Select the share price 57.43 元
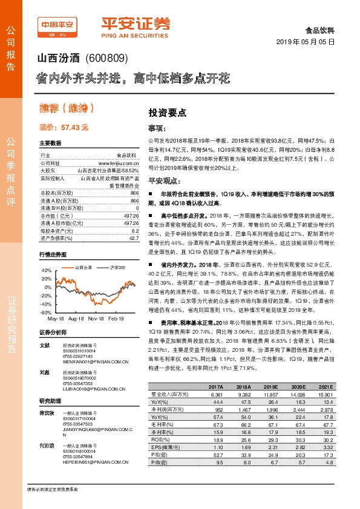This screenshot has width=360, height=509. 76,128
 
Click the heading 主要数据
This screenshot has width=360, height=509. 50,143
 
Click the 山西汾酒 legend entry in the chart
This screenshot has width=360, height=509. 83,250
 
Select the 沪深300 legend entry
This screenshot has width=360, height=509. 117,250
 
